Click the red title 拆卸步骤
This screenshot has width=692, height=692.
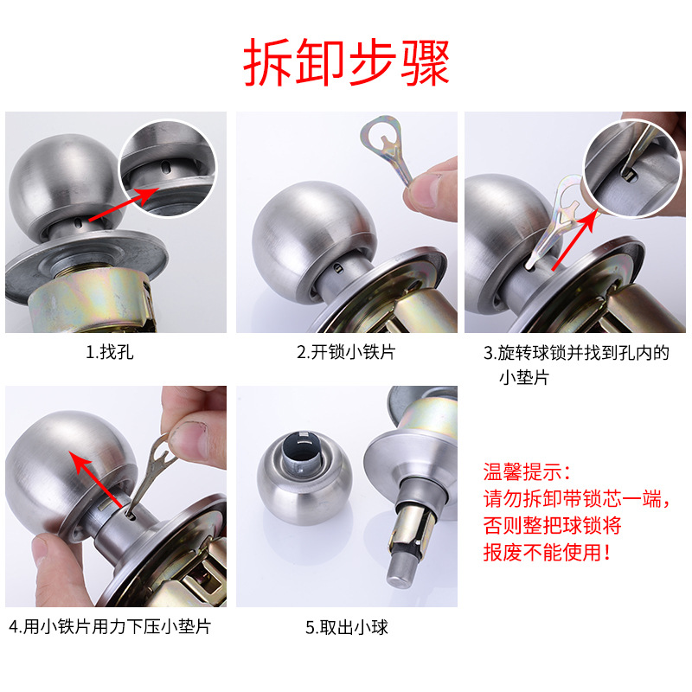[x=347, y=62]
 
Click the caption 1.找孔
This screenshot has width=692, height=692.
[x=110, y=352]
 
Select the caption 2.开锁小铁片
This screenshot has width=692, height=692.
[x=347, y=352]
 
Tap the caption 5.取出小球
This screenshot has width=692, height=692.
[x=347, y=627]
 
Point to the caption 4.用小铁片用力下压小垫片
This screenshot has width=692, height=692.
[x=111, y=626]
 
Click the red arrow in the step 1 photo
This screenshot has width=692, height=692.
[x=124, y=204]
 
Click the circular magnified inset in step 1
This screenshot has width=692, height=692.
[x=168, y=168]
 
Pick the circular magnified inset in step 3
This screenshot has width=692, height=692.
[x=632, y=168]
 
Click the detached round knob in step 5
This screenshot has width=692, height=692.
[x=304, y=478]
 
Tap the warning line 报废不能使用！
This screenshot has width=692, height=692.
[x=548, y=552]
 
